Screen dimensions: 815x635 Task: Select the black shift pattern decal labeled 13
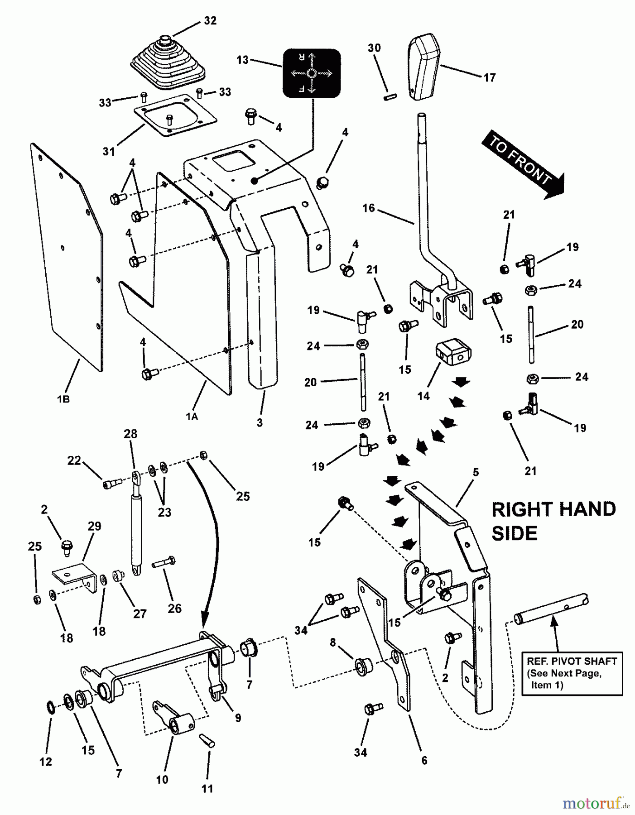312,73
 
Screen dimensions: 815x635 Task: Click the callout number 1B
63,400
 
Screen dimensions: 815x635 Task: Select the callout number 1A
192,417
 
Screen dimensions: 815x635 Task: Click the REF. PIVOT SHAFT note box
572,673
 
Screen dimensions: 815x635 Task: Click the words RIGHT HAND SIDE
553,521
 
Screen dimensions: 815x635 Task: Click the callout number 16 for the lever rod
369,208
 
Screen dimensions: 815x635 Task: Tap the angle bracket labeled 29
75,577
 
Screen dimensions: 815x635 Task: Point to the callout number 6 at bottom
424,761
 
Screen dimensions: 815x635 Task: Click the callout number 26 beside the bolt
174,608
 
